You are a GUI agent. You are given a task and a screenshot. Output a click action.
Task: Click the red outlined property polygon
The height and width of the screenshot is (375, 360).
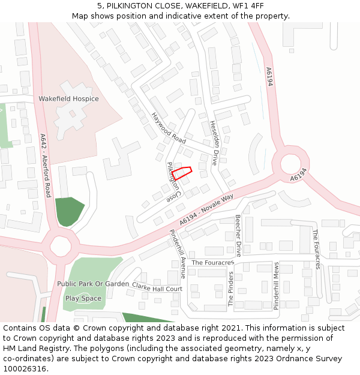click(182, 173)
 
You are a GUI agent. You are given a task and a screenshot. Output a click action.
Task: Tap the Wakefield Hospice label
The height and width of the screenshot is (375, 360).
click(68, 98)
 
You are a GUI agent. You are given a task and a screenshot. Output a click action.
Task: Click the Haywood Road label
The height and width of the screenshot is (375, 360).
click(169, 127)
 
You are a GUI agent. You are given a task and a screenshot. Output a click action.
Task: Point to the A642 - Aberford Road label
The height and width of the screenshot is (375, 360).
click(45, 165)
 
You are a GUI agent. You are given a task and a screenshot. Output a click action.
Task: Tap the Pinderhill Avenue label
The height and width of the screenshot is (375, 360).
click(178, 254)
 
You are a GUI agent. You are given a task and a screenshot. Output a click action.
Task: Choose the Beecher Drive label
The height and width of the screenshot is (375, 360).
click(238, 235)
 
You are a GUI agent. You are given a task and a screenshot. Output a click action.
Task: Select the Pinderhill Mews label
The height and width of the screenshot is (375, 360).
click(276, 286)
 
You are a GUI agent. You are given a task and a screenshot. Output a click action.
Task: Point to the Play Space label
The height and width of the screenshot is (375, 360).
click(83, 298)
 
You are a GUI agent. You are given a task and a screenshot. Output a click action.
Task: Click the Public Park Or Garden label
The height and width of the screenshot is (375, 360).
click(93, 283)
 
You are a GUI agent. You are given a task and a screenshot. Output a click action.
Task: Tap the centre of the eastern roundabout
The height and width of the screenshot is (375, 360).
click(290, 163)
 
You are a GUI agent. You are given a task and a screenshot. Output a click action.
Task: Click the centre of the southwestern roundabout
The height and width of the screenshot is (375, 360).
click(61, 245)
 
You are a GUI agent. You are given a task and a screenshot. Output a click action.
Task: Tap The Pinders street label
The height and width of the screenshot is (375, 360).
click(230, 289)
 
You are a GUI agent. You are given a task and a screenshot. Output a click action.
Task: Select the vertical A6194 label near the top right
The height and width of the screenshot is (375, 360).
click(269, 76)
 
